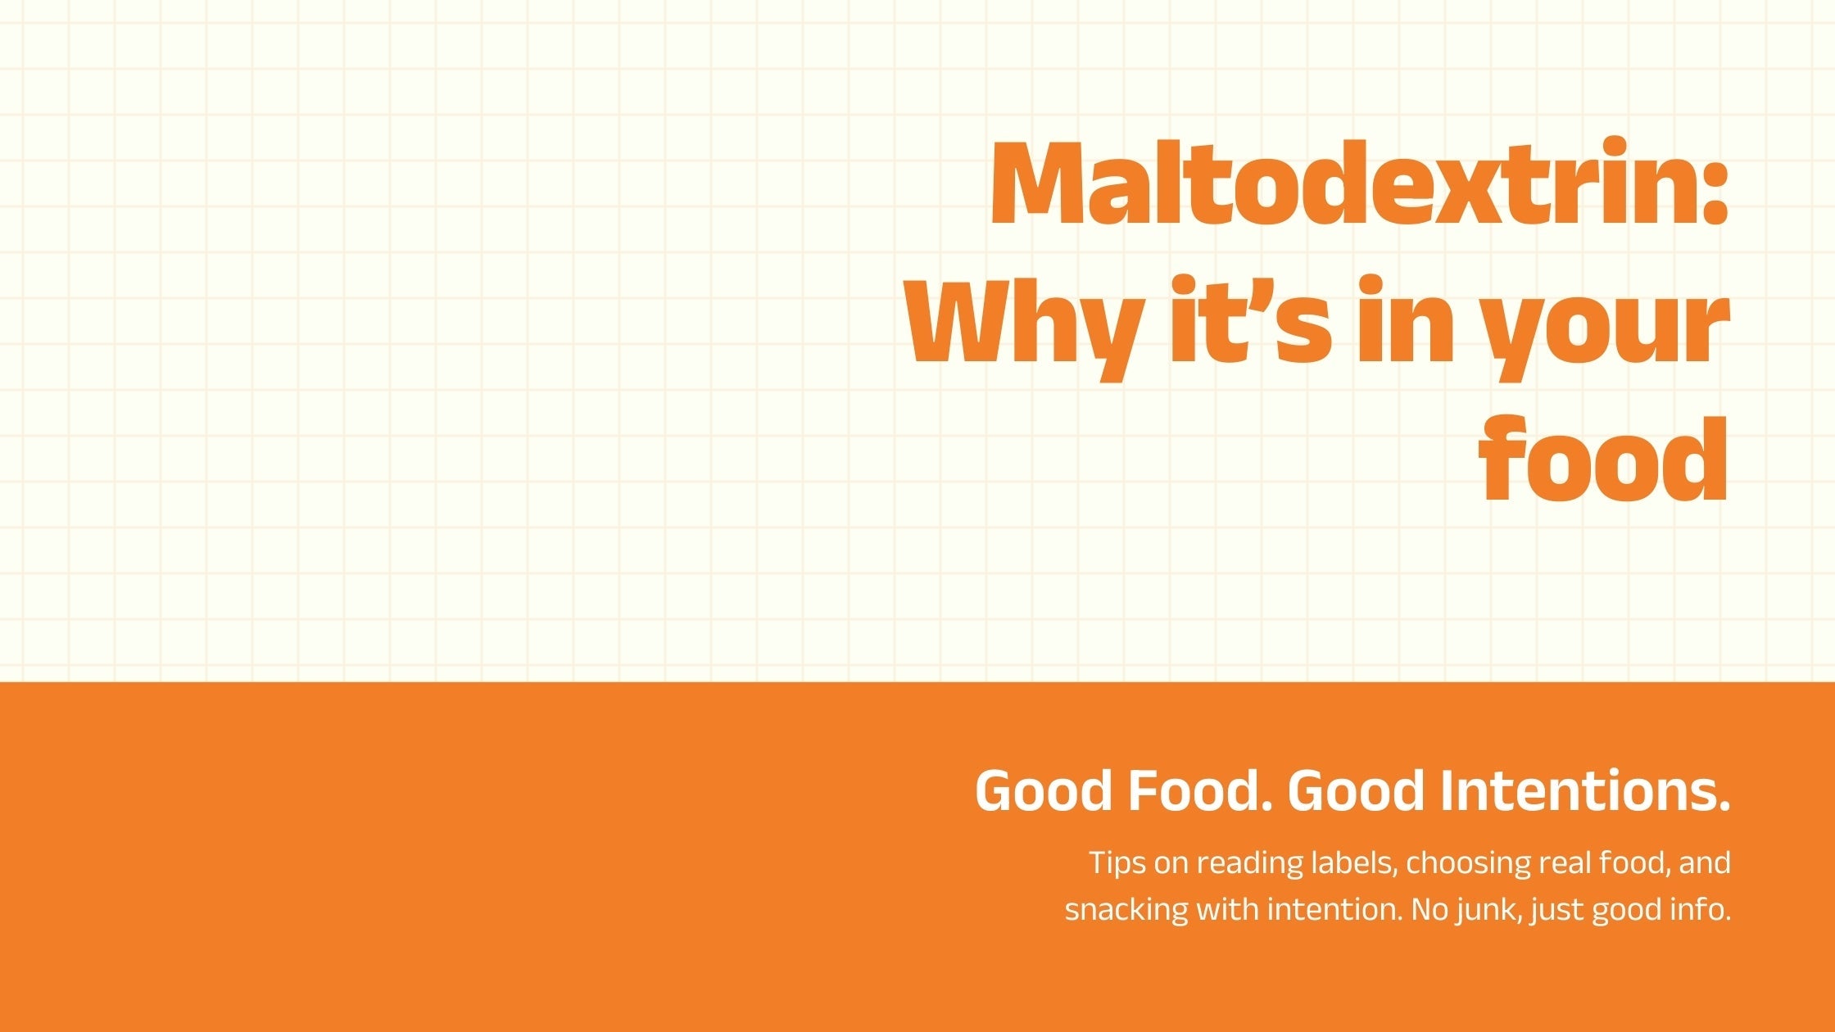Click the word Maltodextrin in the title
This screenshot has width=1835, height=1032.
[x=1343, y=184]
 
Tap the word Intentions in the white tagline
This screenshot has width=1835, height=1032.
[x=1585, y=790]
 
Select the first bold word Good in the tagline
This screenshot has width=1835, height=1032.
[x=1044, y=790]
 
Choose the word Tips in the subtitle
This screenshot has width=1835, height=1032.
[x=1116, y=862]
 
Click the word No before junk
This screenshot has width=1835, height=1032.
[x=1429, y=910]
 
